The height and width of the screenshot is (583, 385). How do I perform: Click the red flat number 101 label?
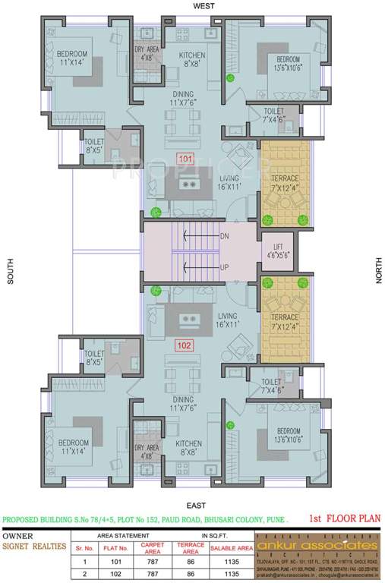pyautogui.click(x=186, y=159)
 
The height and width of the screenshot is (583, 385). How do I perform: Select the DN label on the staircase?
pyautogui.click(x=223, y=238)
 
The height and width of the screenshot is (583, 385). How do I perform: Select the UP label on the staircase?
pyautogui.click(x=223, y=268)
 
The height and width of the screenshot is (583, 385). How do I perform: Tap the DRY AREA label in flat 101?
pyautogui.click(x=146, y=54)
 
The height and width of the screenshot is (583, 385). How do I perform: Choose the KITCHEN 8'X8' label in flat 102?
pyautogui.click(x=188, y=448)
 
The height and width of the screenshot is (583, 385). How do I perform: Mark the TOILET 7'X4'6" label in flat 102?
pyautogui.click(x=271, y=386)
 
